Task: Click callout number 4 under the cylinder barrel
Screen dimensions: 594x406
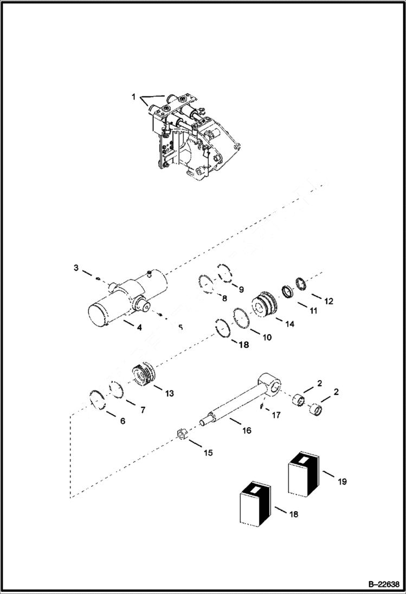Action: [x=139, y=327]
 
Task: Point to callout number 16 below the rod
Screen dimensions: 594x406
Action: [x=247, y=430]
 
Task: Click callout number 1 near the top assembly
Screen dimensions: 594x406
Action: [x=133, y=96]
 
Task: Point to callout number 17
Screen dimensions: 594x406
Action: [x=276, y=416]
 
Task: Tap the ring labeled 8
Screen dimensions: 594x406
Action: [x=205, y=282]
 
